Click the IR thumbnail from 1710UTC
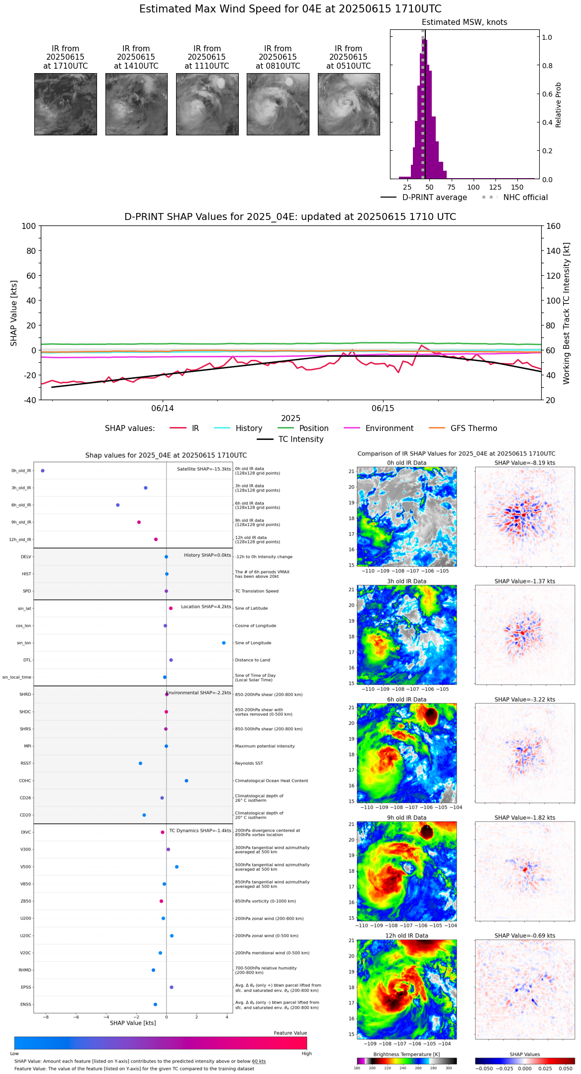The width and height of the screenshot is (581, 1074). pyautogui.click(x=65, y=104)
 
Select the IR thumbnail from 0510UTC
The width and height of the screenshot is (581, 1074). pyautogui.click(x=348, y=104)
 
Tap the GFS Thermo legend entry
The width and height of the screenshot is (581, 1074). pyautogui.click(x=474, y=429)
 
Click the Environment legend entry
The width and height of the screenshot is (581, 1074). pyautogui.click(x=389, y=429)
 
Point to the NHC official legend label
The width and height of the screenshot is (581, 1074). pyautogui.click(x=525, y=198)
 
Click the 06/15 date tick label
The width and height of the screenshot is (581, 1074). pyautogui.click(x=383, y=409)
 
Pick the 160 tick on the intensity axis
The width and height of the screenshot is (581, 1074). pyautogui.click(x=554, y=226)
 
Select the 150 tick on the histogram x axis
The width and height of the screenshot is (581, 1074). pyautogui.click(x=517, y=188)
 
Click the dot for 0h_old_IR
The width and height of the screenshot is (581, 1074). pyautogui.click(x=43, y=470)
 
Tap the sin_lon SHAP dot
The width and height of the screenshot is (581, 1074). pyautogui.click(x=224, y=643)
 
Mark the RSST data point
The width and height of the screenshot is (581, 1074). pyautogui.click(x=140, y=763)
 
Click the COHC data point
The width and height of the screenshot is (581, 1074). pyautogui.click(x=187, y=781)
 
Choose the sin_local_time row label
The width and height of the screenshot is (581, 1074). pyautogui.click(x=16, y=677)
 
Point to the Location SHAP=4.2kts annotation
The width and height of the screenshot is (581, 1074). pyautogui.click(x=206, y=607)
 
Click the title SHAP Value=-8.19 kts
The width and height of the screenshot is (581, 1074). pyautogui.click(x=525, y=463)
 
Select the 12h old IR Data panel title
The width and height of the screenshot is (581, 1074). pyautogui.click(x=406, y=936)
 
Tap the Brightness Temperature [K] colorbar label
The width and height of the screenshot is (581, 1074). pyautogui.click(x=406, y=1055)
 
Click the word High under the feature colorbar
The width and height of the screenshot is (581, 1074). pyautogui.click(x=306, y=1054)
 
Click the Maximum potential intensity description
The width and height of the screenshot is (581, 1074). pyautogui.click(x=265, y=747)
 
